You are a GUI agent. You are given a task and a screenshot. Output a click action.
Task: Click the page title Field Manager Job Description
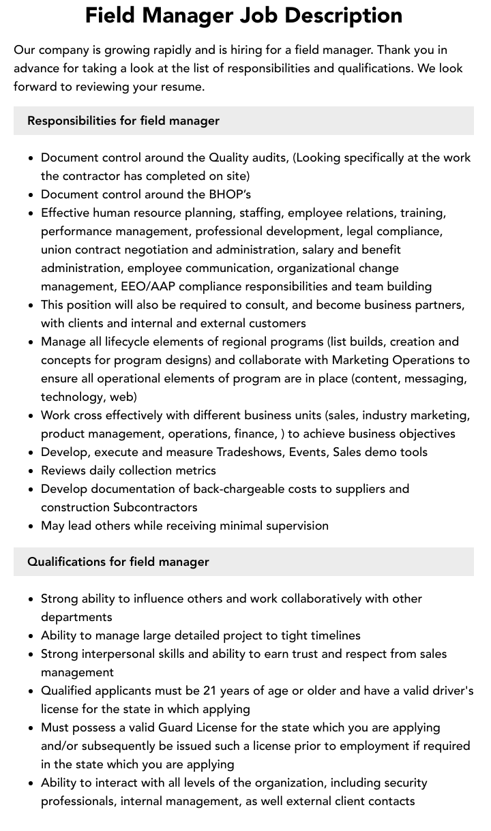pyautogui.click(x=243, y=15)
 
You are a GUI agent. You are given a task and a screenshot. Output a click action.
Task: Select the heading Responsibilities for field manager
pyautogui.click(x=123, y=121)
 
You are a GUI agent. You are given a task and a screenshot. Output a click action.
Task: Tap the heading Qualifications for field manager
pyautogui.click(x=118, y=562)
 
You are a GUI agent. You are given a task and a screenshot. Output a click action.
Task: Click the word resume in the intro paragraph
pyautogui.click(x=183, y=87)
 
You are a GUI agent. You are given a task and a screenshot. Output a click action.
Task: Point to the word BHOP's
pyautogui.click(x=228, y=194)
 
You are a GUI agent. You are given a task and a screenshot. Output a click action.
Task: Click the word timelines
pyautogui.click(x=336, y=635)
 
